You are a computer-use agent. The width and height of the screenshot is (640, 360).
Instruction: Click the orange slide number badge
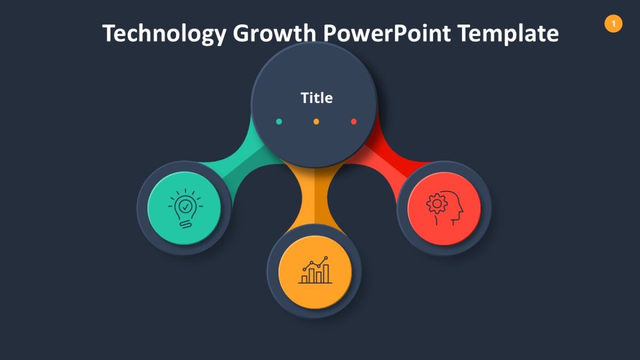point(613,23)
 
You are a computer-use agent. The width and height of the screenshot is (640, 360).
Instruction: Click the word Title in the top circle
point(316,98)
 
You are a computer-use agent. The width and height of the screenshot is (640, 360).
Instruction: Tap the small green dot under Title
point(279,122)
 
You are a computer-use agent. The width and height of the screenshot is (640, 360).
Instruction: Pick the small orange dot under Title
point(316,122)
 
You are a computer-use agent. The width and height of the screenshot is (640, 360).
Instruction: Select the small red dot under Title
point(354,122)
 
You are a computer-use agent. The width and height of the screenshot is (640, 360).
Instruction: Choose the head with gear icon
point(444,208)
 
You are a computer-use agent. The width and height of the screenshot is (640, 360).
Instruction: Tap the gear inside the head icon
point(437,204)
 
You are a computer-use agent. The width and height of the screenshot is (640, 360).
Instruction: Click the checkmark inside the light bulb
point(185,205)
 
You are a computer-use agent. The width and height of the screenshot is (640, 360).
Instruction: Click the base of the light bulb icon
point(185,224)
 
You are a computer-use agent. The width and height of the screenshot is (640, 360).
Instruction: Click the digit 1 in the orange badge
point(613,23)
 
